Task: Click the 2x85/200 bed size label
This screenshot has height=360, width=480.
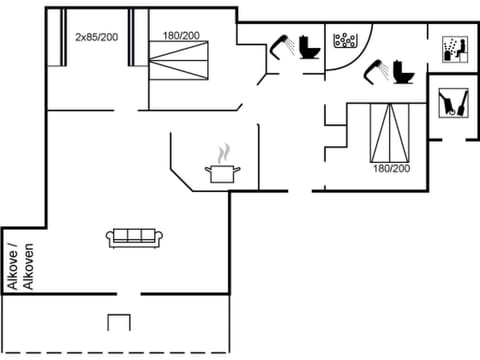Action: coord(96,36)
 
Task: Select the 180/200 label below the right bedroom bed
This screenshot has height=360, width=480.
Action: coord(390,168)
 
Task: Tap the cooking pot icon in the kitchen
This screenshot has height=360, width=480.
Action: coord(219,172)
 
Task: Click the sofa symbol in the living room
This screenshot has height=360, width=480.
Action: coord(135,237)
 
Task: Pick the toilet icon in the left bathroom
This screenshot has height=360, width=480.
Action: coord(308,49)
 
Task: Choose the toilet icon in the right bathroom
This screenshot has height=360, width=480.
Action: coord(404,73)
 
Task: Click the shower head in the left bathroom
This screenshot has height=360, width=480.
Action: coord(283,45)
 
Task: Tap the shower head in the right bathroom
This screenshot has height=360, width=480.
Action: coord(377,68)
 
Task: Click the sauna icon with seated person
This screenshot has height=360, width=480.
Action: coord(452,48)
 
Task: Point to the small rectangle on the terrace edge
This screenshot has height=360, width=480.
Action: coord(119,323)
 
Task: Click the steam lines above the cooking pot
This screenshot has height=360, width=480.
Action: coord(220,153)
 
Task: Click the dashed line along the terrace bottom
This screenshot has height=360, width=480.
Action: coord(119,351)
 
